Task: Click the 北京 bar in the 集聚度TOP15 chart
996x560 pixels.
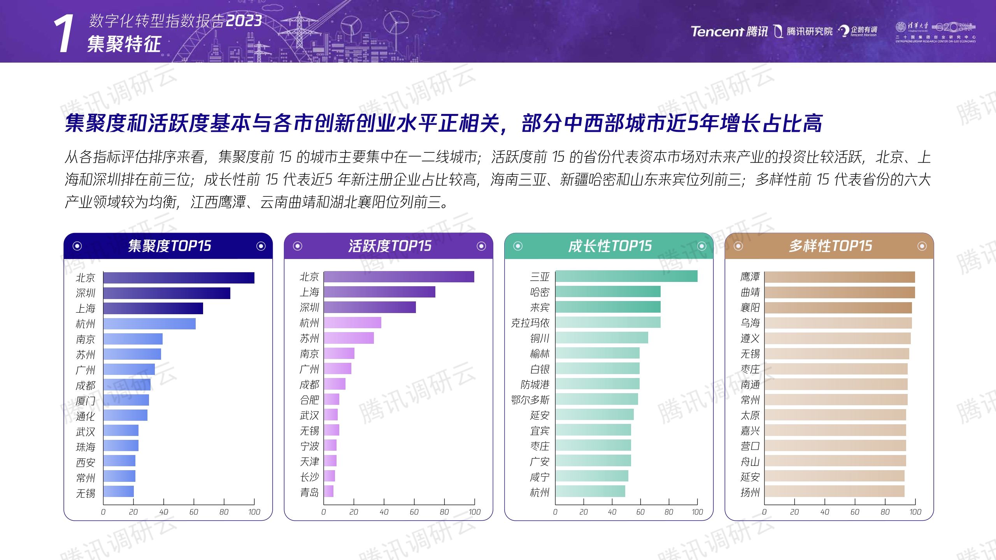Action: click(179, 278)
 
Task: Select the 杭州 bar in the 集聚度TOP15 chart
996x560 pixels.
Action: click(149, 324)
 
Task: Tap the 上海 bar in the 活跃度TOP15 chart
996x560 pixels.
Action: click(379, 292)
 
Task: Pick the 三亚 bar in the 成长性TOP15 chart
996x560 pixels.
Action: click(626, 276)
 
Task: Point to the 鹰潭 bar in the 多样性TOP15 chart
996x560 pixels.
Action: click(839, 277)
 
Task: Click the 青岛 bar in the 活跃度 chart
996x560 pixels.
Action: click(329, 492)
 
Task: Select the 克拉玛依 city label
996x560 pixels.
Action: click(530, 323)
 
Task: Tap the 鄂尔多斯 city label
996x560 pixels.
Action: click(530, 400)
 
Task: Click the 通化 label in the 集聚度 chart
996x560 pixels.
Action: click(85, 416)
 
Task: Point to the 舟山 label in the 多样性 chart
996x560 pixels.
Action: click(750, 462)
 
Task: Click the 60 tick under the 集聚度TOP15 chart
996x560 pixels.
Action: click(194, 512)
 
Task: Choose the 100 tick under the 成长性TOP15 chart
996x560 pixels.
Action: click(697, 512)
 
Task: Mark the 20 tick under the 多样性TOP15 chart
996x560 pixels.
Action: click(794, 512)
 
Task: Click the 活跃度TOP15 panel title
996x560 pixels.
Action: click(389, 246)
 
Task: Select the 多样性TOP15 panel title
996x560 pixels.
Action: click(830, 246)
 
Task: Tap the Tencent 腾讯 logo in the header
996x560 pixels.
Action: click(729, 31)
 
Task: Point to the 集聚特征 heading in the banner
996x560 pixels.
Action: click(124, 44)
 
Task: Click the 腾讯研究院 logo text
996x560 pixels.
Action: click(809, 31)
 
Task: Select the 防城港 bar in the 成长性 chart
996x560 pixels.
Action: click(597, 384)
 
